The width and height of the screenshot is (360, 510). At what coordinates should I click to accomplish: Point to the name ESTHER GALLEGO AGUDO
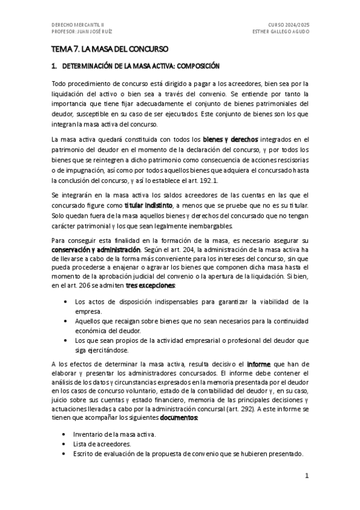click(x=281, y=31)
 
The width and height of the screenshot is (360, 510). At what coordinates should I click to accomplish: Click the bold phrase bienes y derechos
click(x=225, y=139)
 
